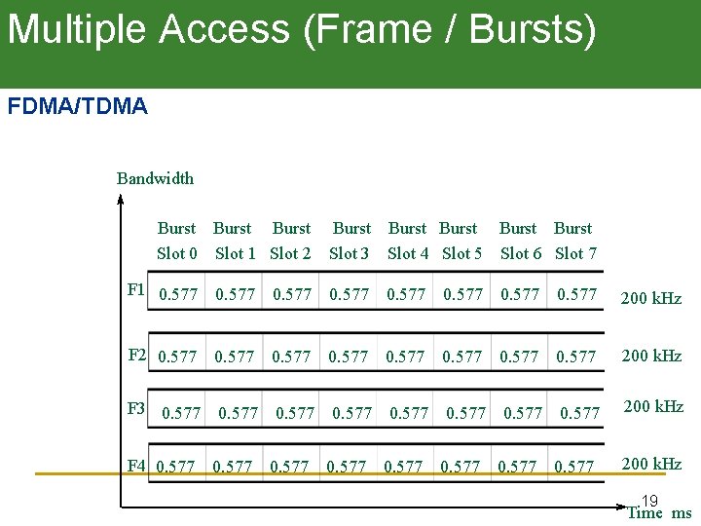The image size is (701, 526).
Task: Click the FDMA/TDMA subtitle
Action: [x=78, y=106]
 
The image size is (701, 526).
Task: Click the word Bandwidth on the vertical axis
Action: [x=155, y=178]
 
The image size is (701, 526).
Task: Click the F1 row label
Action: [x=136, y=289]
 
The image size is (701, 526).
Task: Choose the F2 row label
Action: [x=138, y=355]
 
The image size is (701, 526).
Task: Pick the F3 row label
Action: [x=136, y=407]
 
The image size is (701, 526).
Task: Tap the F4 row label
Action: [x=136, y=466]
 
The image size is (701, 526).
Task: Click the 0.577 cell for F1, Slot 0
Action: [x=178, y=294]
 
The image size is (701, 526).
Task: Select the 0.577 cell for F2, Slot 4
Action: [x=405, y=357]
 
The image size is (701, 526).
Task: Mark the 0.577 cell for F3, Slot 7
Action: [x=579, y=413]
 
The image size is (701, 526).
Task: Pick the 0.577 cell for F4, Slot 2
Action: [x=289, y=468]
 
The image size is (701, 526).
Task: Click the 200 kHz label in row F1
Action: [x=651, y=298]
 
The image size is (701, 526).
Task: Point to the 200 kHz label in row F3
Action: [x=653, y=406]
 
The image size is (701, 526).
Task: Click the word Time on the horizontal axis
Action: [x=646, y=513]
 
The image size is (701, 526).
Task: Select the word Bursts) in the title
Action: [x=533, y=29]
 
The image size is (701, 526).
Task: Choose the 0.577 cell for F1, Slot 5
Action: [x=462, y=294]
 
